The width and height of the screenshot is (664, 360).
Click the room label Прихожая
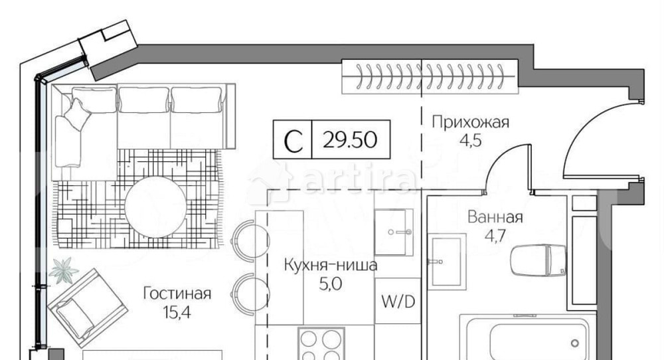click(x=470, y=122)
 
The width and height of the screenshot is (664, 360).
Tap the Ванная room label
click(x=495, y=217)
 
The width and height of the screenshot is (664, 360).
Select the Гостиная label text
click(x=177, y=294)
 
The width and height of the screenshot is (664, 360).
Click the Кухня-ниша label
click(x=331, y=266)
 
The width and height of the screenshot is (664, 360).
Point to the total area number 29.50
click(x=350, y=140)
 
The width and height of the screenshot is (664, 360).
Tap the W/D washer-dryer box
click(x=397, y=302)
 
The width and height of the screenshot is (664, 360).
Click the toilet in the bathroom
click(x=538, y=260)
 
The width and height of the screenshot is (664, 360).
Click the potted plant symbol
click(x=64, y=270)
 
